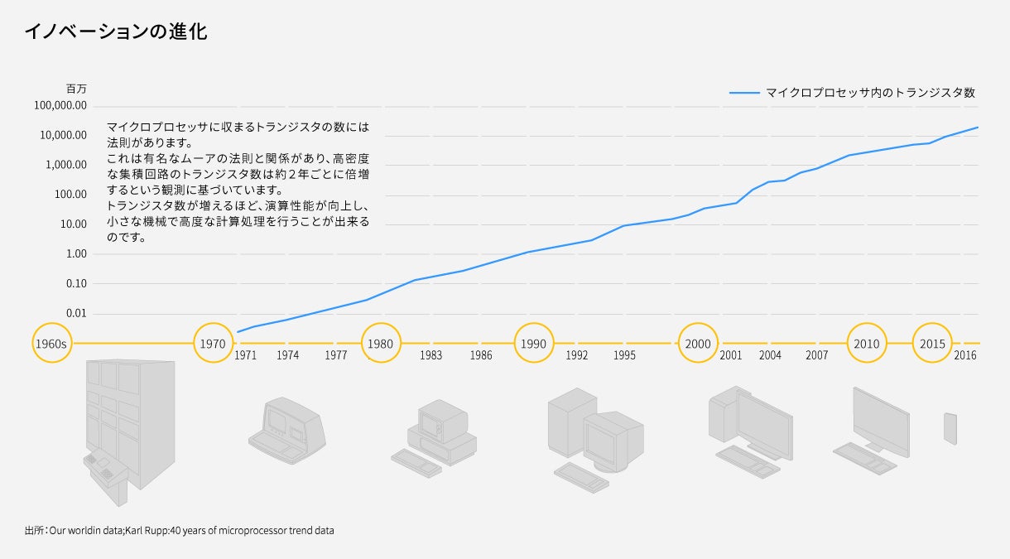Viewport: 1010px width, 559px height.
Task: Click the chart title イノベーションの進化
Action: point(116,32)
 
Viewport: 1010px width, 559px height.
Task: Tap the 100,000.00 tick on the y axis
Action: point(60,105)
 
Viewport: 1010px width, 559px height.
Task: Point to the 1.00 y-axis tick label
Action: point(75,253)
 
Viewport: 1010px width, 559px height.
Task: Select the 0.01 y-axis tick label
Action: point(75,313)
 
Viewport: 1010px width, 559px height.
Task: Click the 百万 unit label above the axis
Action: point(76,88)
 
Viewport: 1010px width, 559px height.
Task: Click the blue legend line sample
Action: point(743,93)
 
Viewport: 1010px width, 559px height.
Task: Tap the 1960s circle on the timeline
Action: point(51,343)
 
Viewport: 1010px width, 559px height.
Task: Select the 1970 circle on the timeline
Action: point(213,343)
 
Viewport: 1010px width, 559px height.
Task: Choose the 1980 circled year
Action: point(380,343)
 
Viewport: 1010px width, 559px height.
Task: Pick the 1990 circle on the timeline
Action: point(534,343)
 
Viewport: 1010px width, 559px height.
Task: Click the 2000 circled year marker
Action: point(698,343)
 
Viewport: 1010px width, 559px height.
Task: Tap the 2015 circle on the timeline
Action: point(932,343)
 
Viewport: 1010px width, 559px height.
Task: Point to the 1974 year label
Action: point(288,355)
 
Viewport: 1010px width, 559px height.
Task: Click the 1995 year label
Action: point(625,355)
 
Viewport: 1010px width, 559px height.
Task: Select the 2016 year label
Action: point(965,355)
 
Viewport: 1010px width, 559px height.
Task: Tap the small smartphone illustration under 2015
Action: point(950,428)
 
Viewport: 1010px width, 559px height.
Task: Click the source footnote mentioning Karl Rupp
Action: point(180,530)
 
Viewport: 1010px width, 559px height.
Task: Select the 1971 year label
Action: point(245,355)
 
